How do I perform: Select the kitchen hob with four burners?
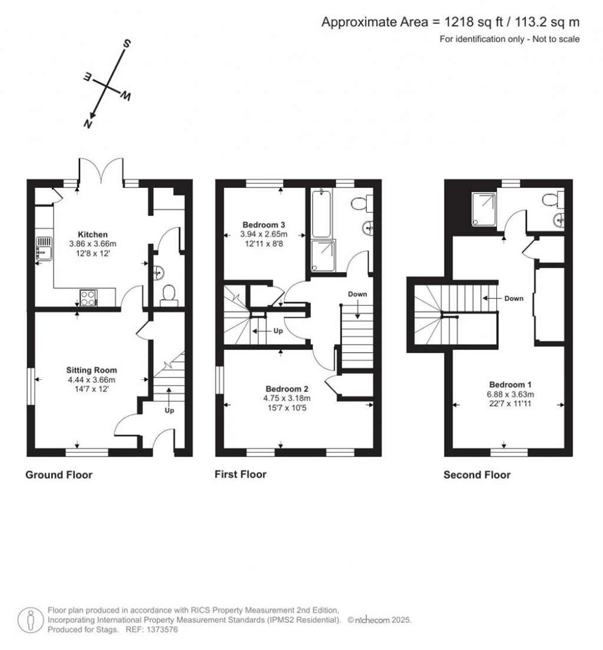(88, 297)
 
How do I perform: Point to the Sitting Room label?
(91, 370)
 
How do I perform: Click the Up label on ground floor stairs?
(169, 410)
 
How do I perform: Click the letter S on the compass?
(125, 44)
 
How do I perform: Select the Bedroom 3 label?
(264, 224)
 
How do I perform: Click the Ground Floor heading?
(59, 475)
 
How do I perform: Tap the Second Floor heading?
(477, 475)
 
